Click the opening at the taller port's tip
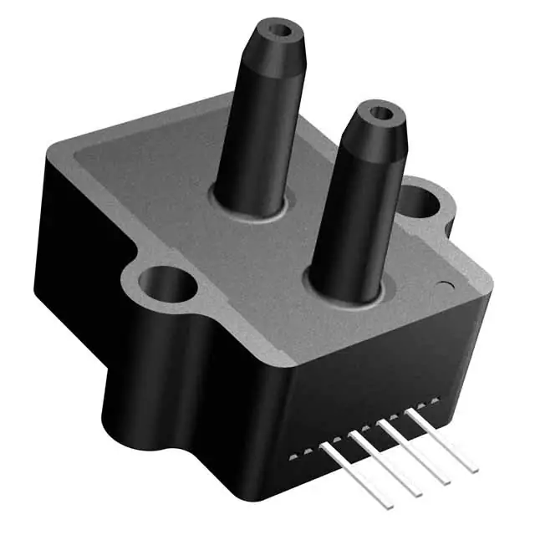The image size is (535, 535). click(280, 33)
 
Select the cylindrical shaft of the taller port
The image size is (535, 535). click(251, 142)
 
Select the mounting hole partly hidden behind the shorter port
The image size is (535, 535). click(420, 201)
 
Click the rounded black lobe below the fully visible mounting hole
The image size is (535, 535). click(159, 401)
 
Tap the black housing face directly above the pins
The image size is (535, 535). click(368, 385)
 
